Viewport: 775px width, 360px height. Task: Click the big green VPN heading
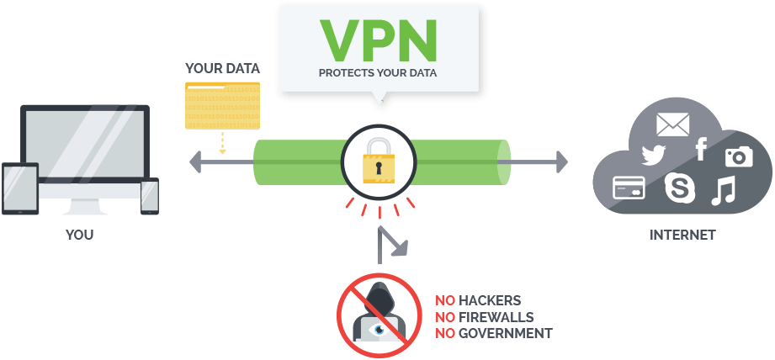click(x=378, y=39)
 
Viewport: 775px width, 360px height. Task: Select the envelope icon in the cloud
click(x=672, y=125)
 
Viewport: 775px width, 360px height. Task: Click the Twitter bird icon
click(x=654, y=155)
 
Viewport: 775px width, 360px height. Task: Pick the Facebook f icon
click(x=700, y=150)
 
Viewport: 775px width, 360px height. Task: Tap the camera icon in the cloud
click(x=738, y=156)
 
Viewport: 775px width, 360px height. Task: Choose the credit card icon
click(x=629, y=186)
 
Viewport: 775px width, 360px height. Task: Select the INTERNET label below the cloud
click(x=682, y=236)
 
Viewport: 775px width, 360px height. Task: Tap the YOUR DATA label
click(x=222, y=67)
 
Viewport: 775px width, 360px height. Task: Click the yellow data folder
click(x=222, y=105)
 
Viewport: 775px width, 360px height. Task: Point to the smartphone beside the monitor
click(x=150, y=196)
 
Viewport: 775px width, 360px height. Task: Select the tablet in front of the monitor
click(x=21, y=190)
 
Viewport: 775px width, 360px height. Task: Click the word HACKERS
click(x=490, y=300)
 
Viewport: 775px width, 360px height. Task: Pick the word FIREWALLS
click(x=496, y=317)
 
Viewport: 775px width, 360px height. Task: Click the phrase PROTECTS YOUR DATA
click(x=378, y=72)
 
